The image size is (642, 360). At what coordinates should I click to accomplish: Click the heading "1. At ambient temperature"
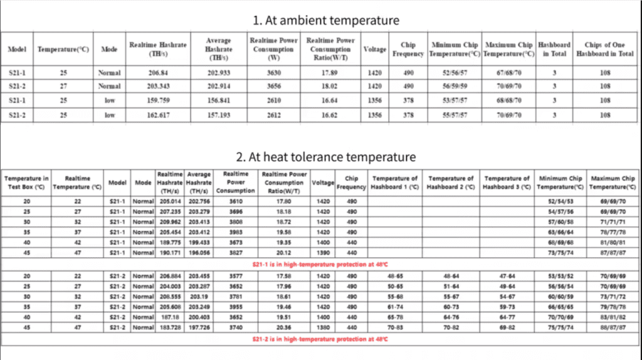tap(326, 20)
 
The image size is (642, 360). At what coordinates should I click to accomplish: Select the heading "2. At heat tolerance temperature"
tap(326, 157)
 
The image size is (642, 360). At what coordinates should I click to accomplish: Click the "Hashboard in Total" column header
tap(555, 49)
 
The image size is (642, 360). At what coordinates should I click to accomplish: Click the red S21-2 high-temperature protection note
tap(320, 339)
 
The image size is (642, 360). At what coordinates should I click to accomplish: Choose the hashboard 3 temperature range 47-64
tap(507, 275)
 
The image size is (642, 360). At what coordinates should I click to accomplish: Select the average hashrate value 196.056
tap(198, 252)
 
